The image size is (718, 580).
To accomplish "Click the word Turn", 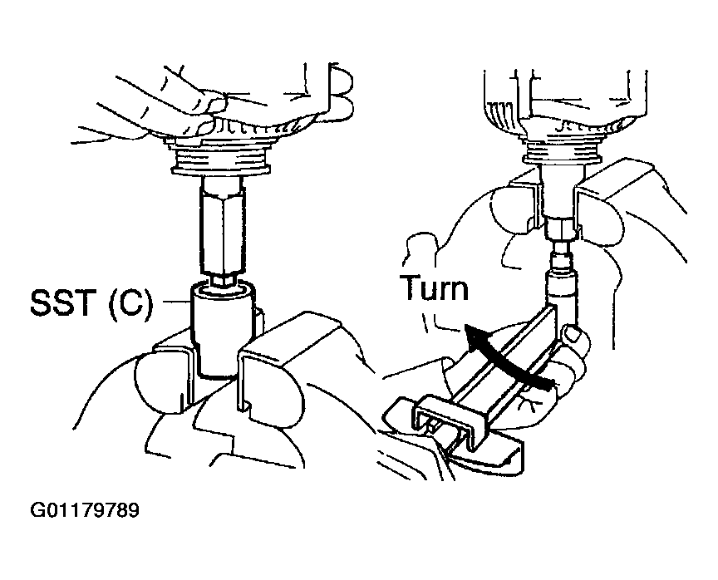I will tap(433, 288).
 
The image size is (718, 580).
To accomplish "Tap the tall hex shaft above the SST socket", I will tap(222, 232).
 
